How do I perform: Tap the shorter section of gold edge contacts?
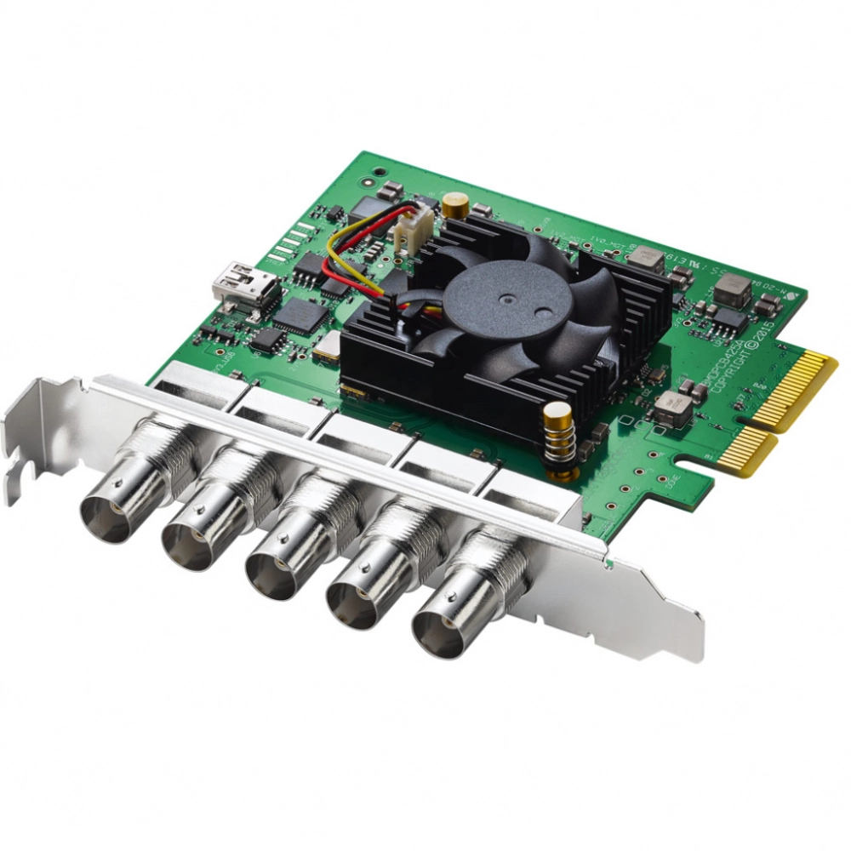747,450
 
